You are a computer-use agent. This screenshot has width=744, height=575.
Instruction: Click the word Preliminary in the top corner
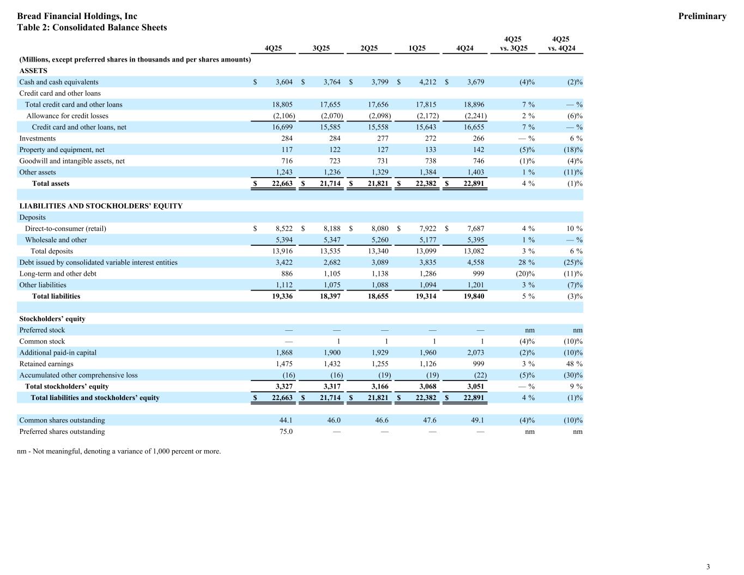point(702,16)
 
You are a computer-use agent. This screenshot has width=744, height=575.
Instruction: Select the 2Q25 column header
point(369,49)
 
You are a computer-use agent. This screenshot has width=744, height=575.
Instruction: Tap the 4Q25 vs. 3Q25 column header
point(513,44)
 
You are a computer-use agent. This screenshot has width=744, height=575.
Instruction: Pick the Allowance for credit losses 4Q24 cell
point(475,116)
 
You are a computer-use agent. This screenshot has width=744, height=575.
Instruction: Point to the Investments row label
point(37,138)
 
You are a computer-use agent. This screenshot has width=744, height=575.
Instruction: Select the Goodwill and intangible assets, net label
point(72,161)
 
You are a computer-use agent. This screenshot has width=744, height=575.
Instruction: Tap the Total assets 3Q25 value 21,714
point(328,184)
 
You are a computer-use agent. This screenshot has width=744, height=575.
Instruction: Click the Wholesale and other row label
point(56,240)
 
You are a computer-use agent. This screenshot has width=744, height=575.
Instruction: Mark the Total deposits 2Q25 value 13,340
point(376,251)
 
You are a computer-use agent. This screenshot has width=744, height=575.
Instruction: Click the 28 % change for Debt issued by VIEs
point(526,263)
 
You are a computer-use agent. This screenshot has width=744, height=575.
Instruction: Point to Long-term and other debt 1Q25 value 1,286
point(426,274)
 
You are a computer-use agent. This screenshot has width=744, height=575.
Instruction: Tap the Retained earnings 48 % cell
point(574,364)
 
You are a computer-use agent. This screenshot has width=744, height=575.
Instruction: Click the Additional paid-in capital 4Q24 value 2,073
point(474,353)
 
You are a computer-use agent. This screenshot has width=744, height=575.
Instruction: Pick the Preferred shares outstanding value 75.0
point(286,432)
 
